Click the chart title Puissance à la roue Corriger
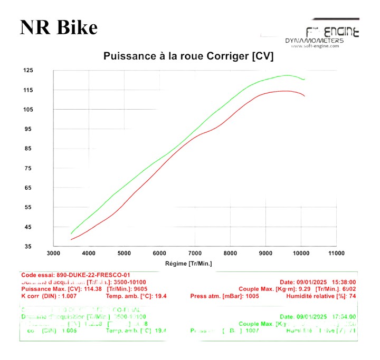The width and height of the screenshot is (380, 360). point(188,56)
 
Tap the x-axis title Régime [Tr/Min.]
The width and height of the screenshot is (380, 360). point(188,263)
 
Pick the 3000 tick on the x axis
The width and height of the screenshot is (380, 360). point(53,254)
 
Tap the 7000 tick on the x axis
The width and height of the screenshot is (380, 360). point(195,254)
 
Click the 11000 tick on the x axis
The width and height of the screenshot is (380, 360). point(336,254)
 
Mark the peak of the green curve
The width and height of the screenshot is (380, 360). point(288,75)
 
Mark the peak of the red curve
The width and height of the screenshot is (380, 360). point(286,91)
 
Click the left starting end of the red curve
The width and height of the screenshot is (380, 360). point(71,239)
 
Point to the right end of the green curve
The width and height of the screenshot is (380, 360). point(305,79)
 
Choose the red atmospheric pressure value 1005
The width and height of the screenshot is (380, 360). point(254,296)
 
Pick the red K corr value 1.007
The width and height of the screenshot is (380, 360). point(79,296)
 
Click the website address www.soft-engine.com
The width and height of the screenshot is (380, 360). point(314,46)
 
